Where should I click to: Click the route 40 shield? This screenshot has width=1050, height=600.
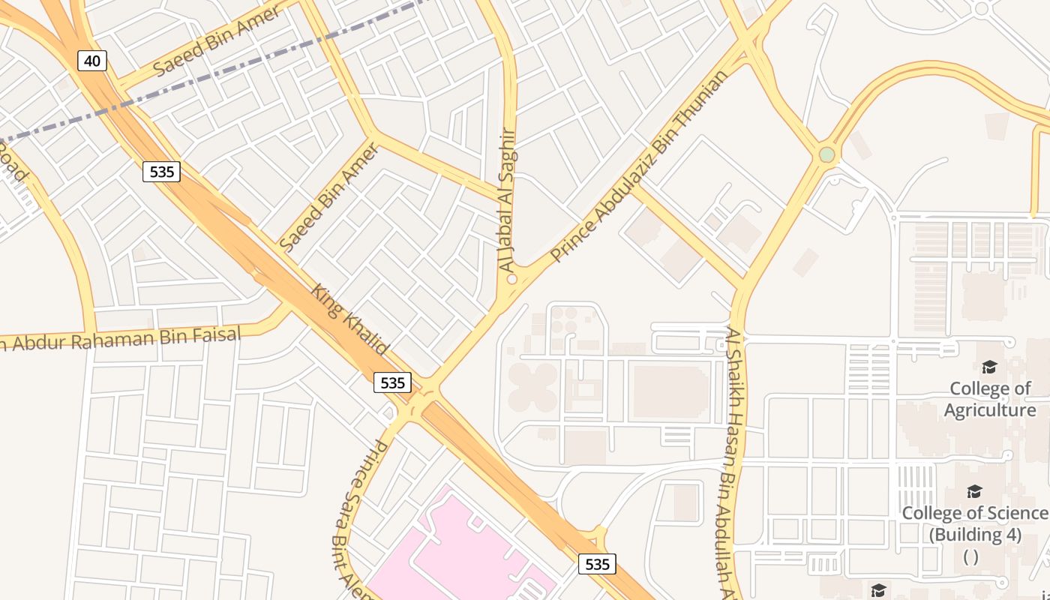point(92,61)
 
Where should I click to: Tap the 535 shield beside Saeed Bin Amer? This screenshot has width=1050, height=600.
point(162,172)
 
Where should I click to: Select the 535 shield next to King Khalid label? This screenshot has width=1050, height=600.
point(392,382)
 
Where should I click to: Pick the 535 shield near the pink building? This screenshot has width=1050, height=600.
point(597,564)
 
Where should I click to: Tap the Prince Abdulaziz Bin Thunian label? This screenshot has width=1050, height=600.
point(638,167)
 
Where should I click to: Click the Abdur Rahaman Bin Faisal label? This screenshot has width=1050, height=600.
point(120,339)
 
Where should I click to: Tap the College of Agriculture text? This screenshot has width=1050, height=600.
point(990,399)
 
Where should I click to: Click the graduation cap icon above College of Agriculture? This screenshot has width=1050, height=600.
point(989,367)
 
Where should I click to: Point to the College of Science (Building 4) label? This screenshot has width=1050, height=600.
point(974,523)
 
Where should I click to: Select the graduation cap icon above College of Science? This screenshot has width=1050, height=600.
point(974,491)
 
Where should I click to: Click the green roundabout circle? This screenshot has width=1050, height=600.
point(826,154)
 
